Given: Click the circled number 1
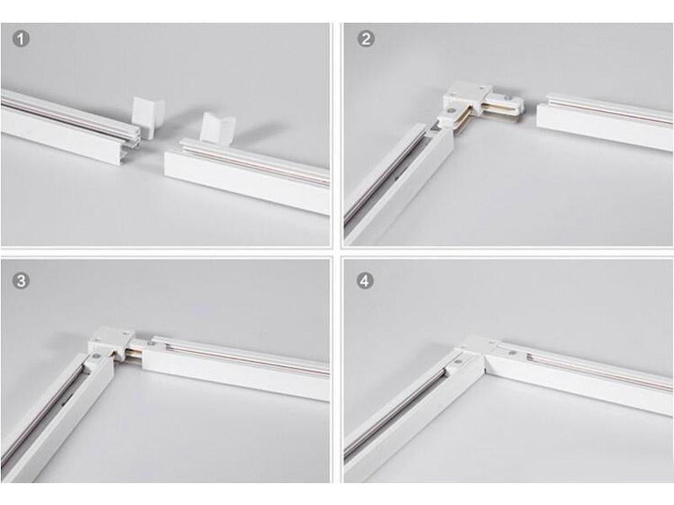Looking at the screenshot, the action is pos(20,39).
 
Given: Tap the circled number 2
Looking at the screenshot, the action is pos(366,39).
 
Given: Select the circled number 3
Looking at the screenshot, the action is pos(20,281).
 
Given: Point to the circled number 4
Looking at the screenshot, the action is pos(365,281).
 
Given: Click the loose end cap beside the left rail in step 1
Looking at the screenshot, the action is pos(148,117).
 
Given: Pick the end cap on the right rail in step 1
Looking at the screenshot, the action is pos(217,127).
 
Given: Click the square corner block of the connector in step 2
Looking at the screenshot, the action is pos(468,93).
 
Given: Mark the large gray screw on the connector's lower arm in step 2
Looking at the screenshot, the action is pos(451,110).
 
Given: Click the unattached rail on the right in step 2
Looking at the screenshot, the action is pos(605,120).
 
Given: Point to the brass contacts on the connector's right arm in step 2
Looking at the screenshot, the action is pos(499,110).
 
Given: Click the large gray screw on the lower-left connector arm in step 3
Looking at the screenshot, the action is pos(94,356).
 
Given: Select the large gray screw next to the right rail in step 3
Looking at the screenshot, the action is pos(150,343).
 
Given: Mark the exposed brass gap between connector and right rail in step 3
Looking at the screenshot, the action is pos(134,354).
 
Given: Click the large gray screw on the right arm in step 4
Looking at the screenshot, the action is pos(512,353).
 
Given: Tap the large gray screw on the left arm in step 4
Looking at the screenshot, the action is pos(458,362).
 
